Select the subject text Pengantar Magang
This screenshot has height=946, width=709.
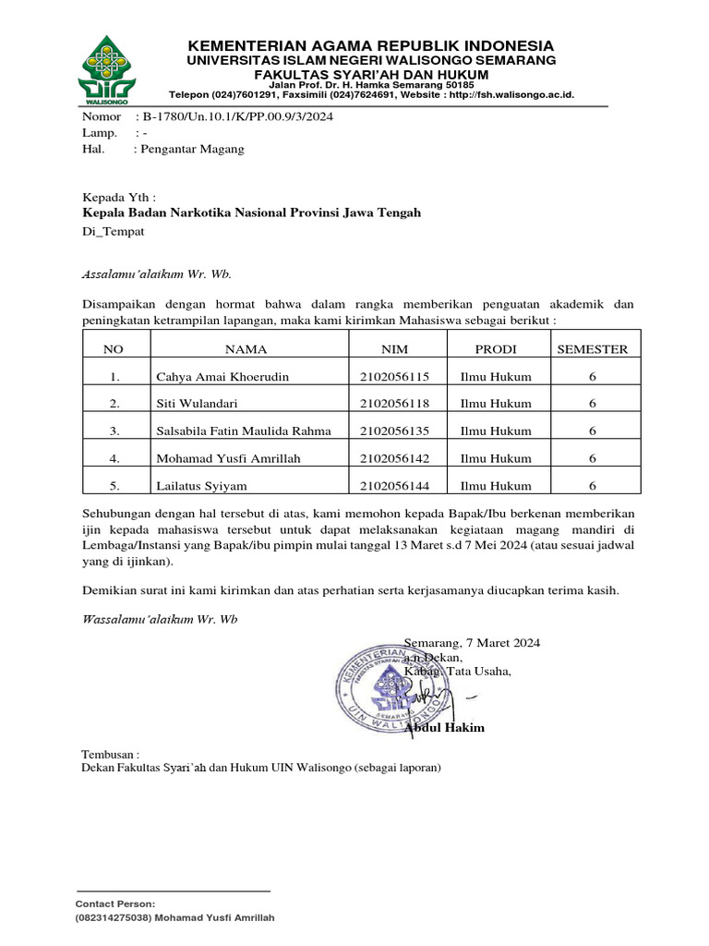click(192, 149)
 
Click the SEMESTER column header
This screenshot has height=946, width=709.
click(591, 349)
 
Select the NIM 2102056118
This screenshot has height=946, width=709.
click(394, 404)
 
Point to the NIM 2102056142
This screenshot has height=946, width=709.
click(394, 458)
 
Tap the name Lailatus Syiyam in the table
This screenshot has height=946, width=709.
click(200, 485)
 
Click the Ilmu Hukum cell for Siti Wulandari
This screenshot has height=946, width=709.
click(496, 404)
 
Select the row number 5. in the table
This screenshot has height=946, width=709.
click(114, 485)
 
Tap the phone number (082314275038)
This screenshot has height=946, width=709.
click(112, 918)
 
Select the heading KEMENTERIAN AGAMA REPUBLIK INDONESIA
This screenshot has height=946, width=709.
click(371, 45)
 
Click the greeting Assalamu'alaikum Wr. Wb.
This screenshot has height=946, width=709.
click(157, 274)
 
